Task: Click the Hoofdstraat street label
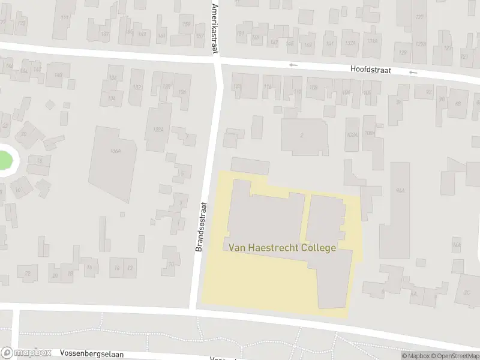[371, 70]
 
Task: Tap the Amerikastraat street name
[215, 28]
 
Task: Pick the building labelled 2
[302, 136]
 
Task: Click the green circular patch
[4, 160]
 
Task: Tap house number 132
[137, 88]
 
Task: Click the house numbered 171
[64, 18]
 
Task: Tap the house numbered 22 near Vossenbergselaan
[28, 274]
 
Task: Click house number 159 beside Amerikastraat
[187, 25]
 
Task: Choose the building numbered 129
[403, 53]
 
